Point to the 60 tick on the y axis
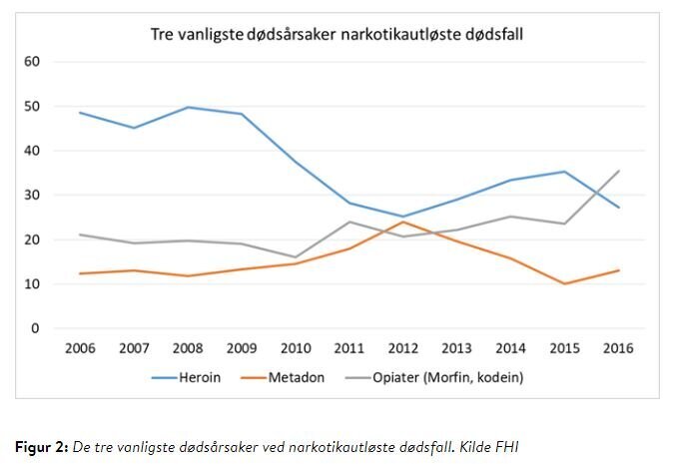(32, 62)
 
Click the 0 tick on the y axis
(35, 328)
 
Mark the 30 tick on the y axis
(32, 196)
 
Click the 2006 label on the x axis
(79, 348)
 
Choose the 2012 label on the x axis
(402, 348)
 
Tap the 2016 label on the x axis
(619, 348)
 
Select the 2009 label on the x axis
(241, 348)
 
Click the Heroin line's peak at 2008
(187, 107)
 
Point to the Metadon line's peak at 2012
(402, 222)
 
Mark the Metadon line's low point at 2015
(565, 283)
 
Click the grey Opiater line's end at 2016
(619, 171)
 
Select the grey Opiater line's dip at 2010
(295, 256)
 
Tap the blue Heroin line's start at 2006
(79, 112)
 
